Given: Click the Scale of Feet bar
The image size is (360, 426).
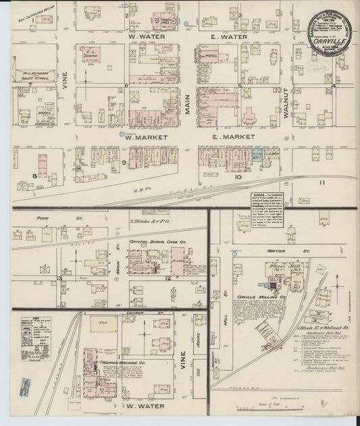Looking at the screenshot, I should [x=261, y=410].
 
